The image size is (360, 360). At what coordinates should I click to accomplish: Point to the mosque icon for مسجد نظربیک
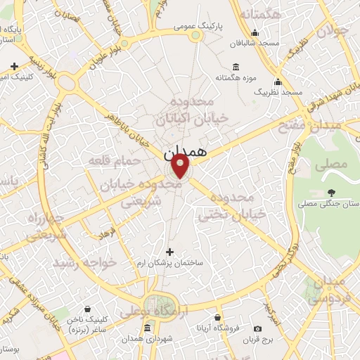(278, 82)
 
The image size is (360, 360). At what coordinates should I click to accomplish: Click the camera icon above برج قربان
(257, 328)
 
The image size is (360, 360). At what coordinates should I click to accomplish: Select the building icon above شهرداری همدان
(147, 328)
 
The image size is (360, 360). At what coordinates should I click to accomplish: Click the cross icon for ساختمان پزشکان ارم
(169, 251)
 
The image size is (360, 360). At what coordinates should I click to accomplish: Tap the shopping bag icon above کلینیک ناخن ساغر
(88, 308)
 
